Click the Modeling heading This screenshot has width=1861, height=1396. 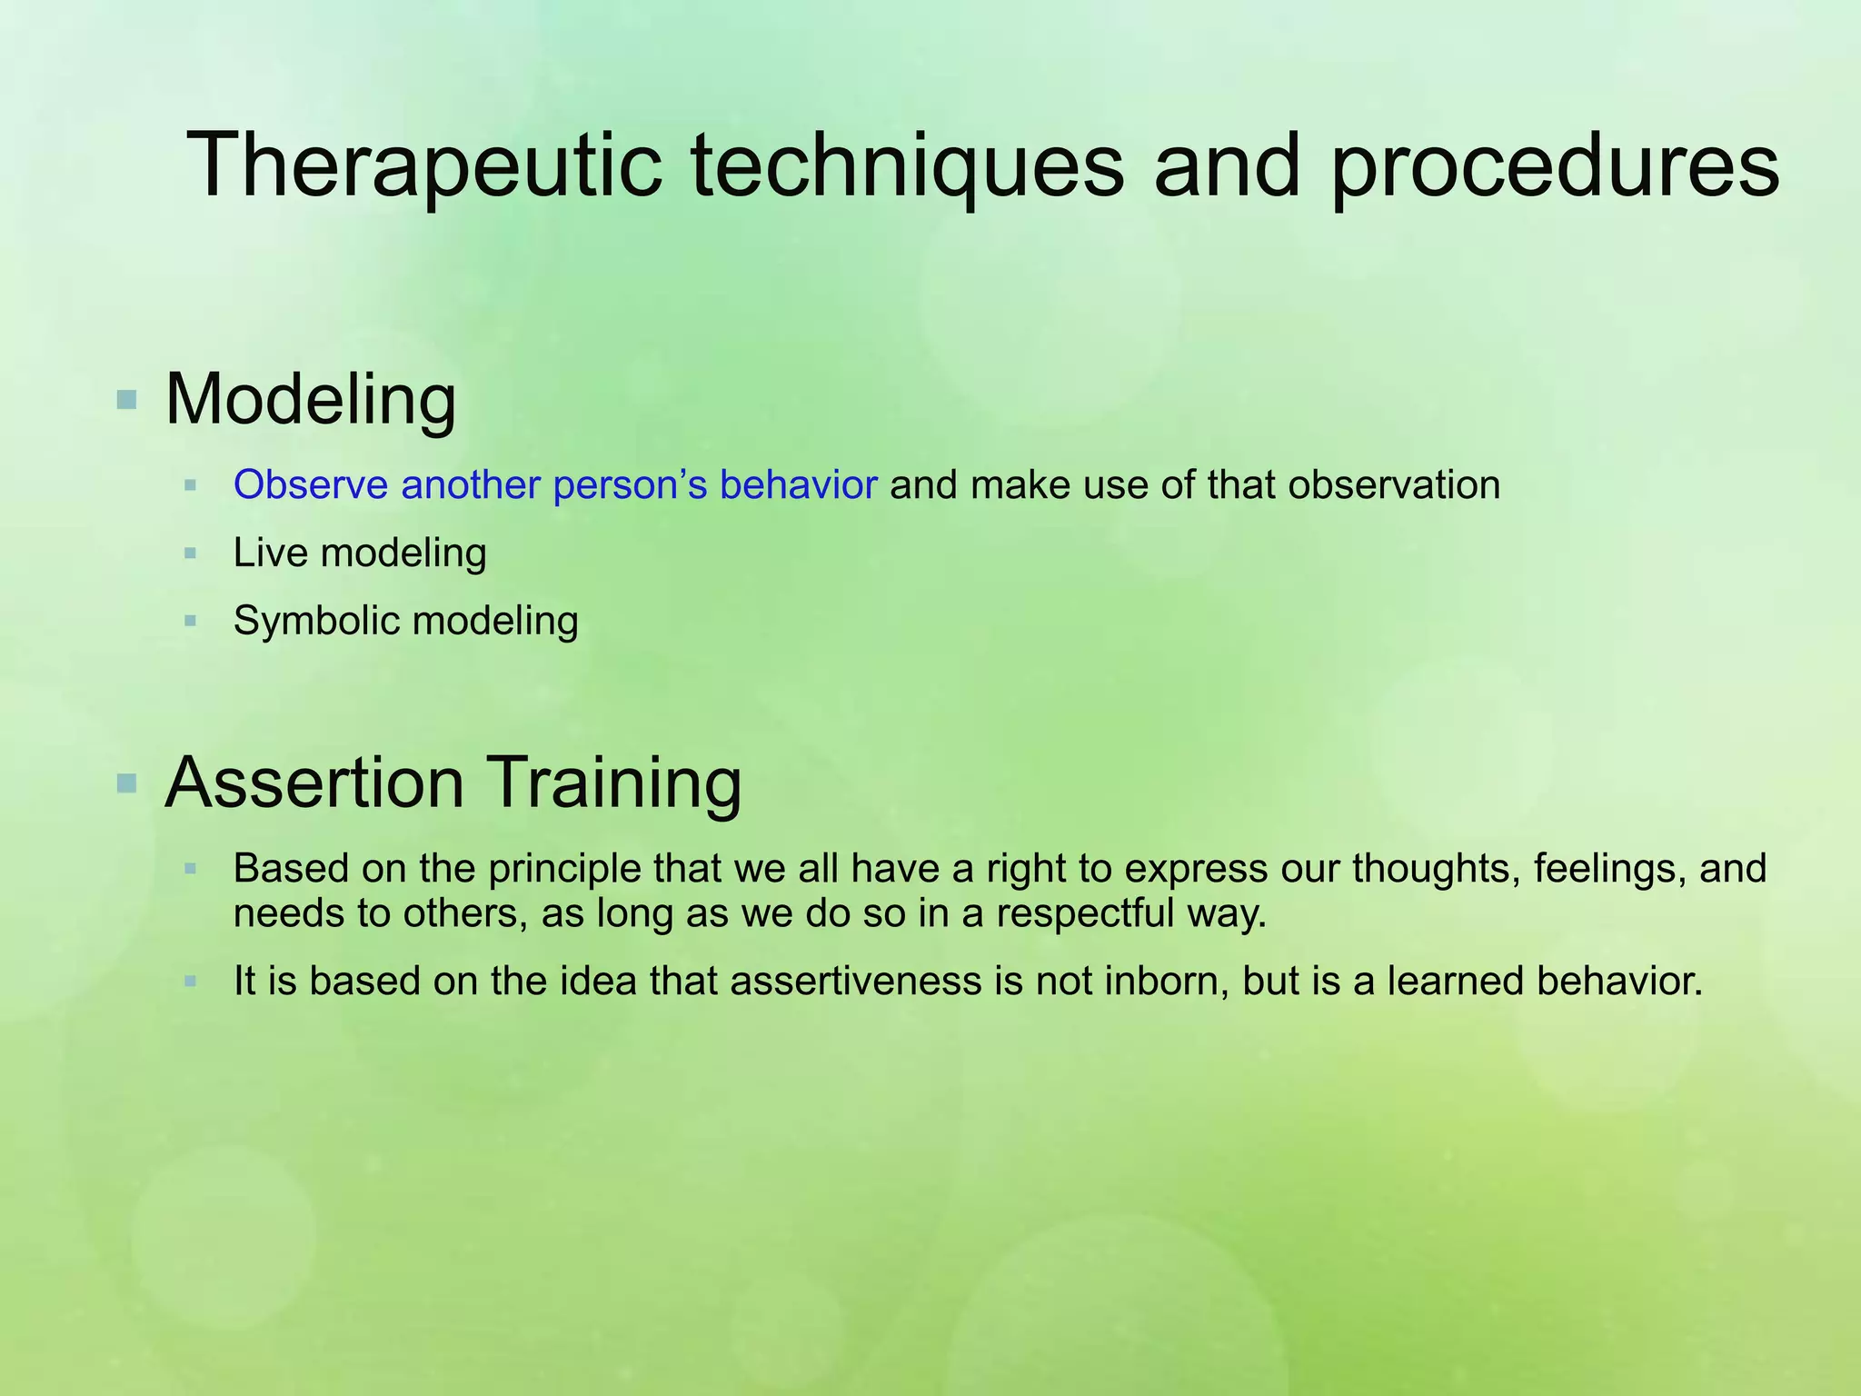(x=311, y=399)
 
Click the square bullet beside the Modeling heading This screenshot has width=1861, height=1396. (x=127, y=399)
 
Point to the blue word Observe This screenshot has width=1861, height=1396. (x=311, y=485)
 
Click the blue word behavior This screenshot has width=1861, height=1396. (x=798, y=485)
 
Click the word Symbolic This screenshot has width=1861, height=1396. (x=316, y=622)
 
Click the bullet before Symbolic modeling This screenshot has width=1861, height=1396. (x=190, y=622)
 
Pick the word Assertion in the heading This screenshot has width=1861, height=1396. (x=314, y=783)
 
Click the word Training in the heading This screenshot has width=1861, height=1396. (x=617, y=783)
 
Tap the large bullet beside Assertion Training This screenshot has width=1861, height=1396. (x=127, y=783)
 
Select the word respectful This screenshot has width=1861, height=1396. (x=1086, y=913)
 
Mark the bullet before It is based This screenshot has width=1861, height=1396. (x=190, y=982)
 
